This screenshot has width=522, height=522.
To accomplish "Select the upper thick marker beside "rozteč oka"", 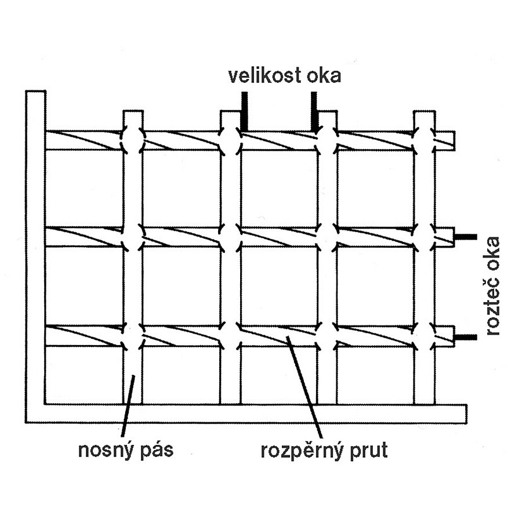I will click(x=466, y=237).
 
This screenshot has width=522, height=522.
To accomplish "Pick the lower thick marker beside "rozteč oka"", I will click(x=466, y=337).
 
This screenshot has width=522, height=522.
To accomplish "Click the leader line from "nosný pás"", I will click(x=128, y=406).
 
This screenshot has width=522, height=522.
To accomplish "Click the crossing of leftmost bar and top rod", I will click(x=133, y=140).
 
